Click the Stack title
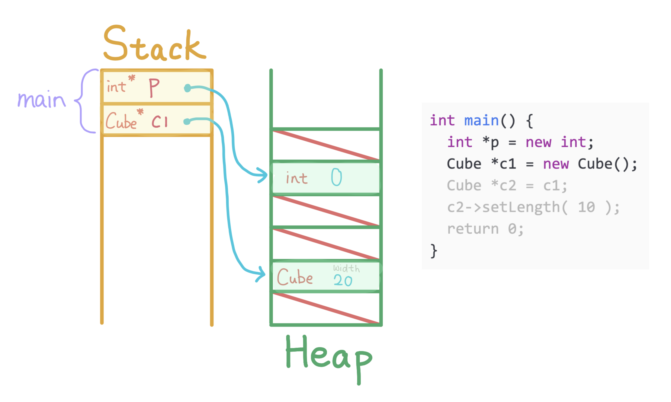click(x=155, y=44)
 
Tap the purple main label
click(x=41, y=100)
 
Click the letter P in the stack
click(x=154, y=88)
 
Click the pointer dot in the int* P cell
click(x=188, y=88)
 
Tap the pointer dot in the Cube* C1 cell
click(x=187, y=122)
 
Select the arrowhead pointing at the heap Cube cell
click(x=261, y=274)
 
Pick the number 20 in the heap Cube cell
click(x=343, y=281)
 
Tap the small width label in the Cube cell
click(x=346, y=268)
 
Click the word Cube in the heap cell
click(x=295, y=277)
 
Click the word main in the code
click(x=481, y=121)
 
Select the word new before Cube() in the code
click(x=556, y=164)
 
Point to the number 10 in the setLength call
click(x=586, y=207)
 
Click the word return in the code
click(x=473, y=229)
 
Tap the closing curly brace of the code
click(x=434, y=251)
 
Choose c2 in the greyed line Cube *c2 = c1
click(x=508, y=186)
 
